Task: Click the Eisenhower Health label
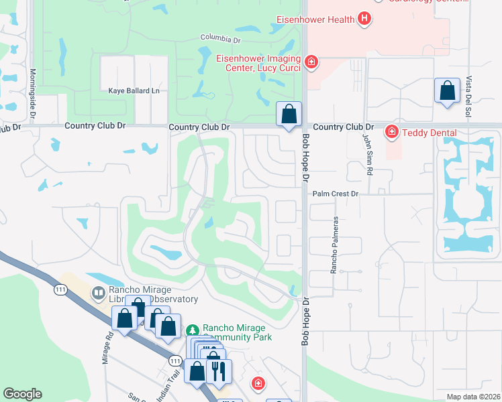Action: [315, 19]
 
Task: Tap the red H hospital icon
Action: [364, 19]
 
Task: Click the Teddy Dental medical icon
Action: [391, 132]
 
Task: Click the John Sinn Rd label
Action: [367, 155]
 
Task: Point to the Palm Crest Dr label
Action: [336, 194]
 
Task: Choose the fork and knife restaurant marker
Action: [218, 370]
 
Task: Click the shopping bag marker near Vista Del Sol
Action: [447, 90]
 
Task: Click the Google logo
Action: [22, 394]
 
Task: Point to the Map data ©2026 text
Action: [473, 397]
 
